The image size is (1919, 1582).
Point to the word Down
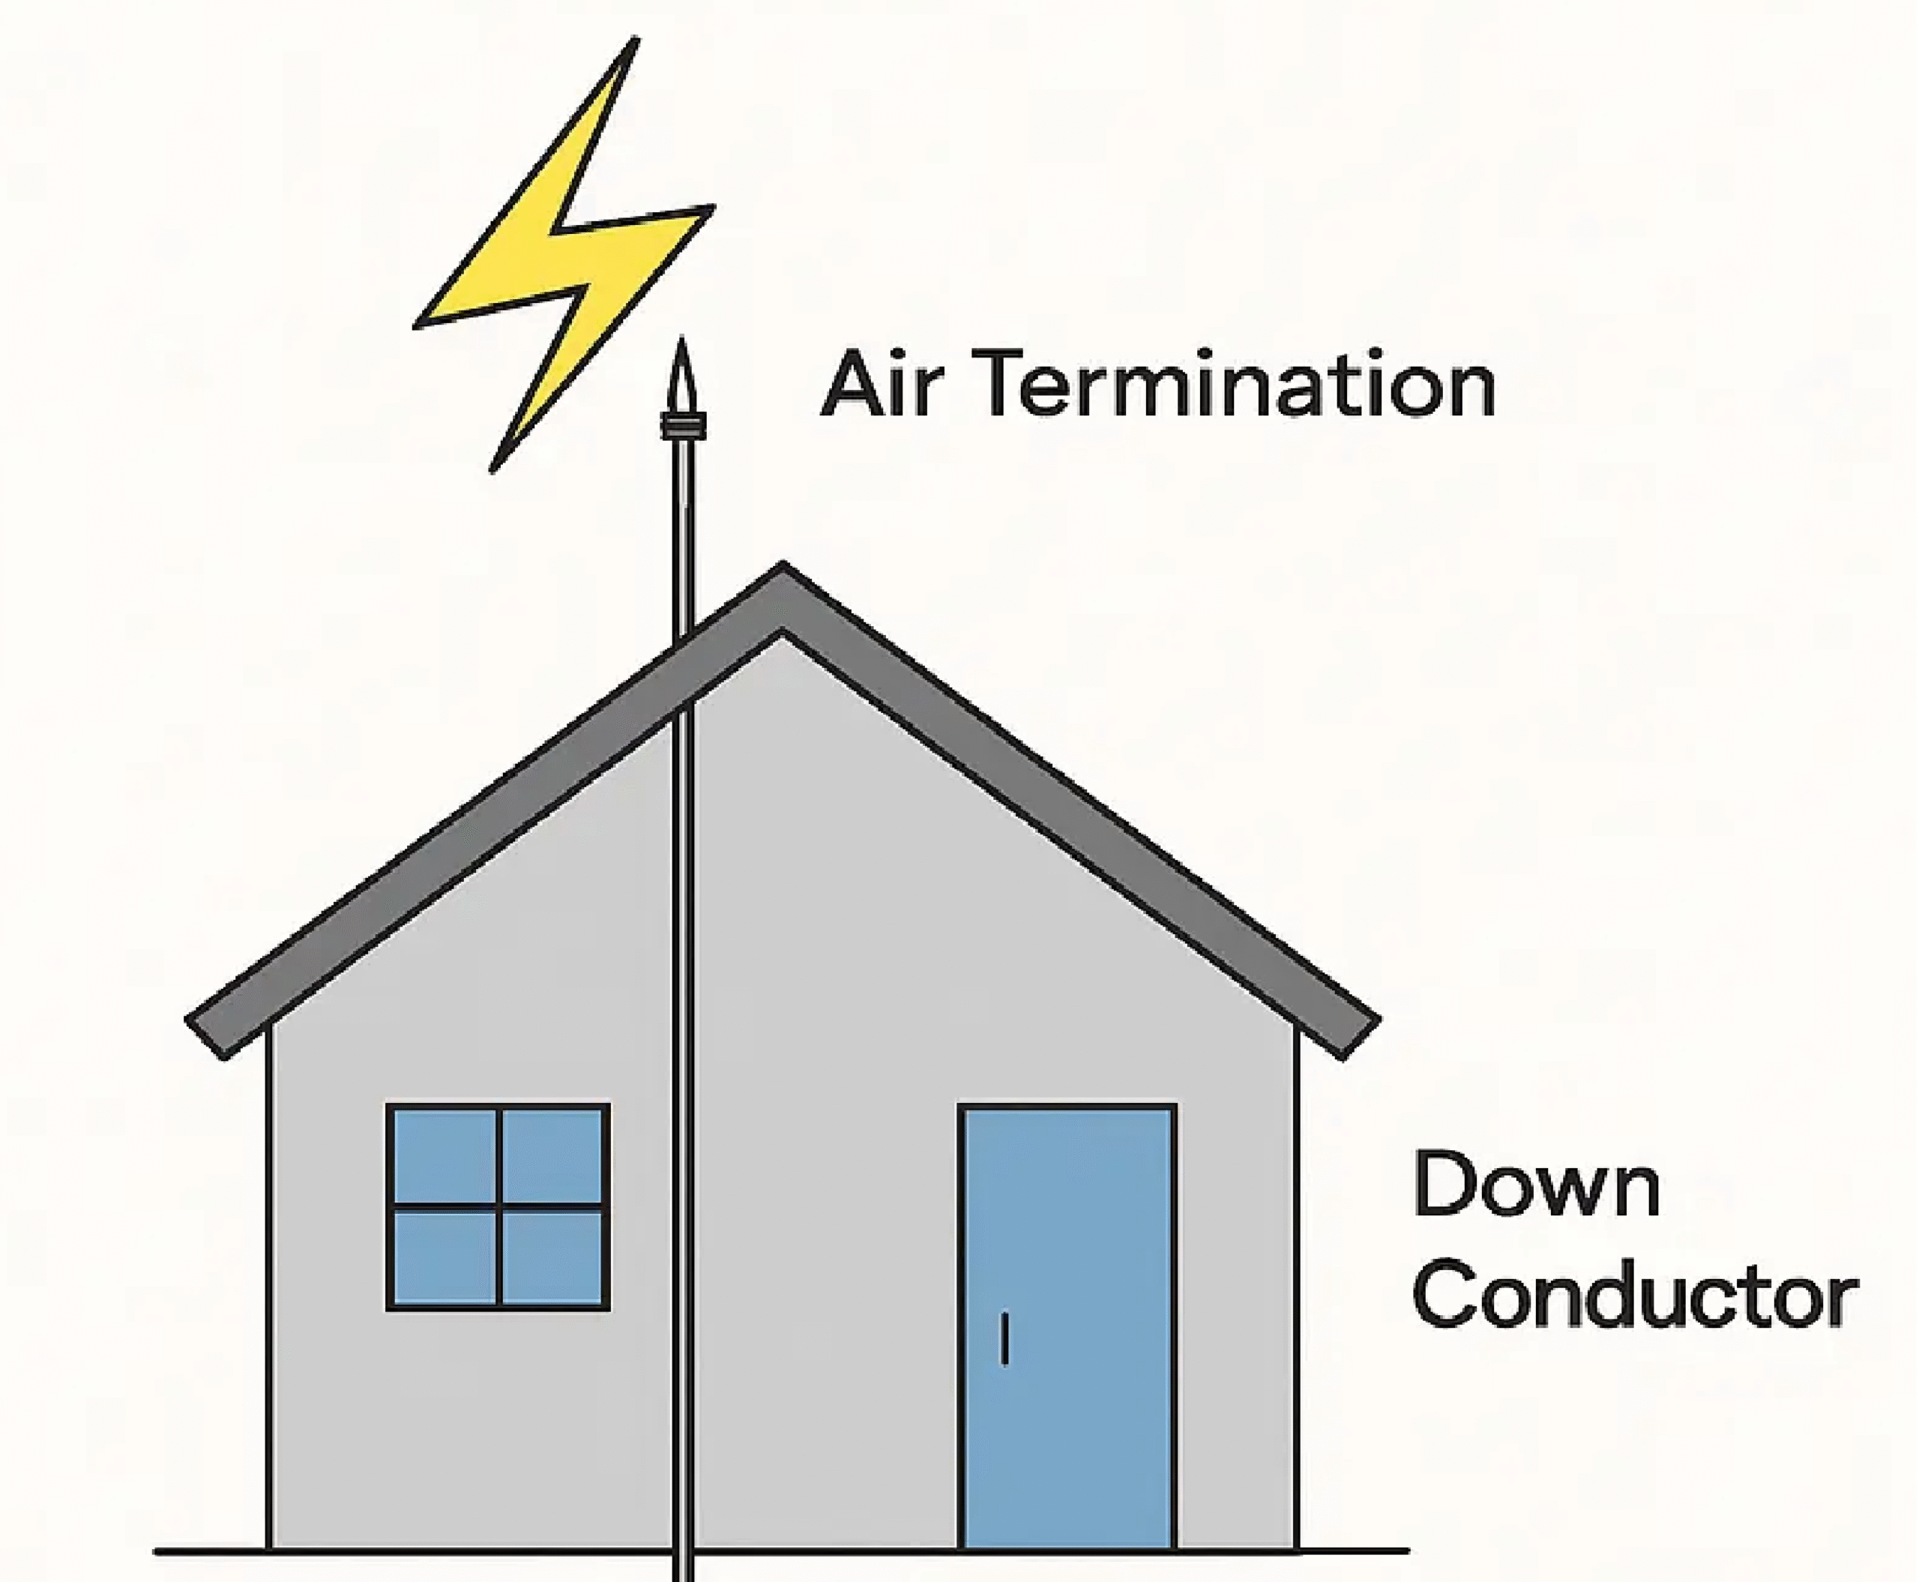(x=1536, y=1185)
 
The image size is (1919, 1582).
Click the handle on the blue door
(x=1004, y=1338)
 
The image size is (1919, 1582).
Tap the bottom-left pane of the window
(x=445, y=1257)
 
